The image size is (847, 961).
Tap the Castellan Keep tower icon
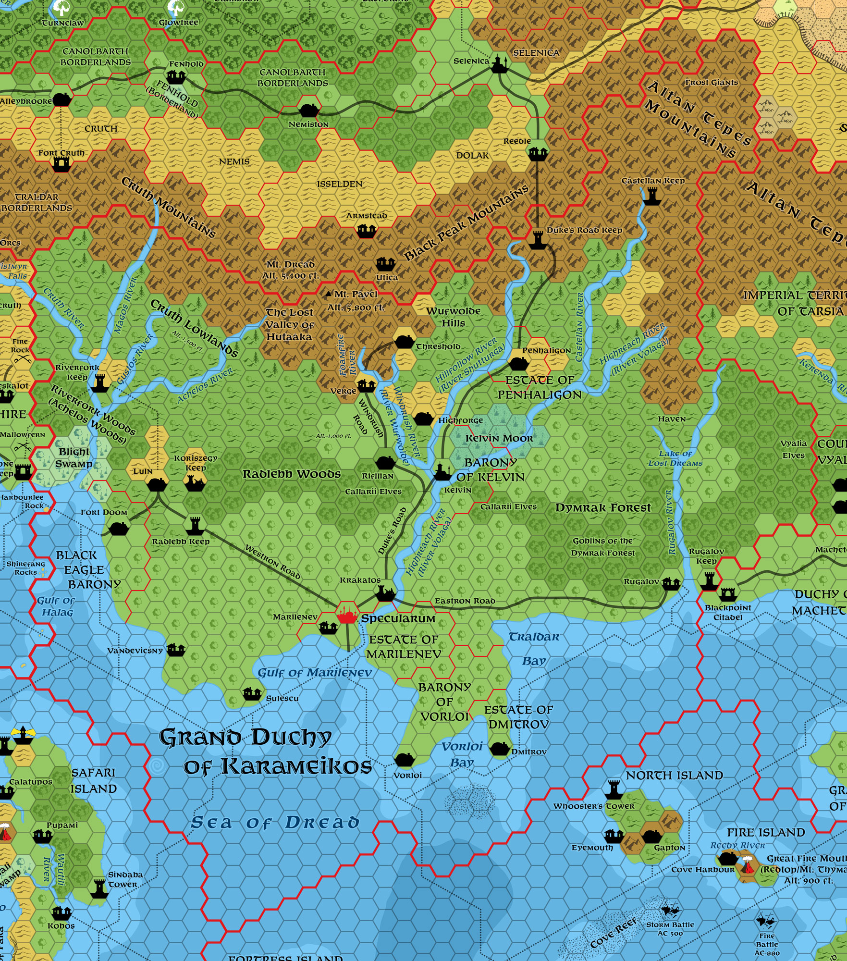[651, 196]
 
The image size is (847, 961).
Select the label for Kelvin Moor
[499, 438]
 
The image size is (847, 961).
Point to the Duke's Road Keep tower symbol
[537, 239]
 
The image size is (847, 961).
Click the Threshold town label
[438, 346]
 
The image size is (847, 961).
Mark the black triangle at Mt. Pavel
[328, 294]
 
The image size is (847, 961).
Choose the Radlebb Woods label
[291, 474]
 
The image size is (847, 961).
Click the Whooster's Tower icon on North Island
[614, 789]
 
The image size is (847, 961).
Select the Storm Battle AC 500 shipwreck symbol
[670, 910]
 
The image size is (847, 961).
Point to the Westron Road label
[272, 562]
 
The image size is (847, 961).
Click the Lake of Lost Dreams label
[675, 458]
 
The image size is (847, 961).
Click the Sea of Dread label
[275, 823]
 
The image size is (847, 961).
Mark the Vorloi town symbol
[403, 759]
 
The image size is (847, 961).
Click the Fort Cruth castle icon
[61, 164]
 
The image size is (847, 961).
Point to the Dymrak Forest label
[603, 508]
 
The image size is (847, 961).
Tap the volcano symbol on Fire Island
[748, 865]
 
